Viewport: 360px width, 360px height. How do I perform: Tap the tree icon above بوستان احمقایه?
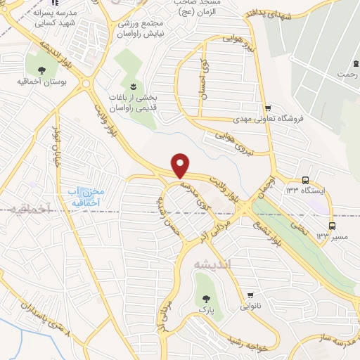(x=41, y=70)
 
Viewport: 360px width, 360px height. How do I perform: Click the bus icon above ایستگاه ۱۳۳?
(x=305, y=179)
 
